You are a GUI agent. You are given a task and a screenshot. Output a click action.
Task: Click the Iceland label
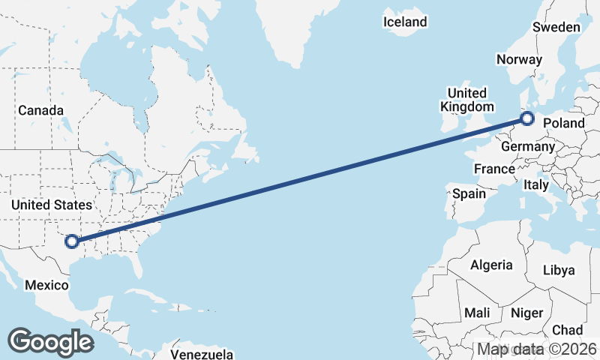pos(405,22)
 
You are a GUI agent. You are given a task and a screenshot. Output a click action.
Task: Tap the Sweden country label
pos(556,27)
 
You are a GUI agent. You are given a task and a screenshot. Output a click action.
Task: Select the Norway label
pos(519,60)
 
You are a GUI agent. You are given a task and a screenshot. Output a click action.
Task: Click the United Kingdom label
pos(466,100)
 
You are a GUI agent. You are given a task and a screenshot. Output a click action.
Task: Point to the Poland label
pos(563,123)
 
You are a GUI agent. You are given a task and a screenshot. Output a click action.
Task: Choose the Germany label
pos(527,147)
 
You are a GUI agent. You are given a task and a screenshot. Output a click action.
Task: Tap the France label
pos(494,169)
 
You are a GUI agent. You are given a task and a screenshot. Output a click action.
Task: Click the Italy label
pos(536,184)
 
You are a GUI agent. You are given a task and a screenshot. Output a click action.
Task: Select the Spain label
pos(469,193)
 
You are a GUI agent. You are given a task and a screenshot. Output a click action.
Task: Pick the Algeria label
pos(491,265)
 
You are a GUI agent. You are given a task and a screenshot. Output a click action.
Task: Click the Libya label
pos(558,270)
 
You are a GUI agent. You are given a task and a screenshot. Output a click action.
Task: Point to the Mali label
pos(478,312)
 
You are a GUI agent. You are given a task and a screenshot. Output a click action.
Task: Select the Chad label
pos(567,330)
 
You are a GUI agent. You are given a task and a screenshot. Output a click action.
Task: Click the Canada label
pos(41,110)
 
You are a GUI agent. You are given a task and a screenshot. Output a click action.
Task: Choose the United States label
pos(52,205)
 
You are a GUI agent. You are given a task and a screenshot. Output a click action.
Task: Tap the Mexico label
pos(46,285)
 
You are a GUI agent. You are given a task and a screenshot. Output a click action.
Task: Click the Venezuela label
pos(202,354)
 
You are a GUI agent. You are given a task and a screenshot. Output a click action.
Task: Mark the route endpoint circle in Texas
pos(71,241)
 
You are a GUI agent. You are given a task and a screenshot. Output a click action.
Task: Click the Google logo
pos(50,342)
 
